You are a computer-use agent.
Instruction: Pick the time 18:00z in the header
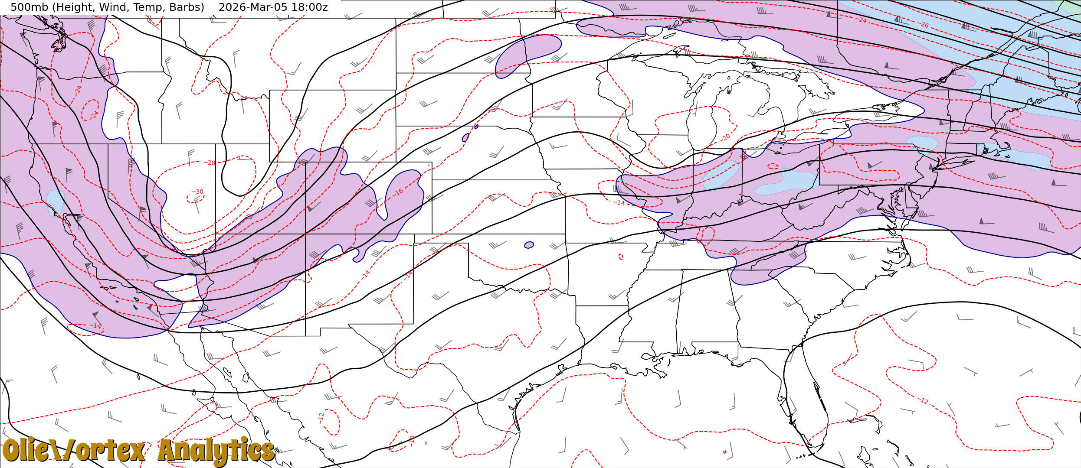(311, 7)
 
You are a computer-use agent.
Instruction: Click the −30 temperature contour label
(197, 192)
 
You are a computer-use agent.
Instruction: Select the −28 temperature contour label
(210, 163)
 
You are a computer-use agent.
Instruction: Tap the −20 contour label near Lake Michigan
(725, 138)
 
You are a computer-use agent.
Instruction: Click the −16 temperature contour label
(399, 192)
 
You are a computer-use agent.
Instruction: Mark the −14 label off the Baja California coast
(96, 326)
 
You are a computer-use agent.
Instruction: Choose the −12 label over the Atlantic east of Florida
(923, 401)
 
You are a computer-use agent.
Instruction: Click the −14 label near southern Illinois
(619, 203)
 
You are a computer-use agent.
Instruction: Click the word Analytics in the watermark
(216, 451)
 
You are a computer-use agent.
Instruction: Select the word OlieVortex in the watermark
(74, 451)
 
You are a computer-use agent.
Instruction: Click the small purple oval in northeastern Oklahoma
(529, 245)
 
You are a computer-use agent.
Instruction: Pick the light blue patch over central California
(55, 202)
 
